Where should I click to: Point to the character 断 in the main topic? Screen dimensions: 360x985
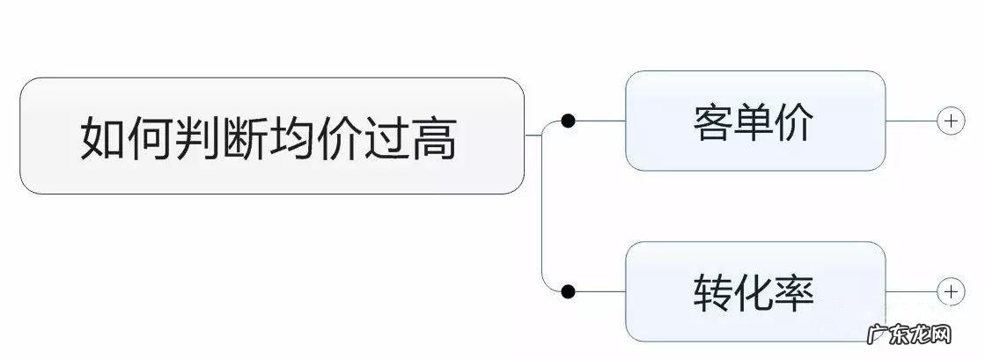(x=246, y=137)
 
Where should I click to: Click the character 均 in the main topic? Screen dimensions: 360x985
(x=293, y=137)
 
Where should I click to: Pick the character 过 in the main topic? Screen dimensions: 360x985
(x=388, y=137)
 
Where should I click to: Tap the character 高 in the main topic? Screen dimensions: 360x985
(x=436, y=137)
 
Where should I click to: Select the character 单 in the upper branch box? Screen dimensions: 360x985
(x=754, y=122)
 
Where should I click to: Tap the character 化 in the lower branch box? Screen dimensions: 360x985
(x=754, y=291)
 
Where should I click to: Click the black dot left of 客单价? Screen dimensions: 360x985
(x=569, y=121)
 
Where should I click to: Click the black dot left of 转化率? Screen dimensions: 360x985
(x=569, y=290)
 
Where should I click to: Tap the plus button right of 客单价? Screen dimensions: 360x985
(x=951, y=121)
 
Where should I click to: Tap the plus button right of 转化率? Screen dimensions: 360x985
(x=951, y=290)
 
